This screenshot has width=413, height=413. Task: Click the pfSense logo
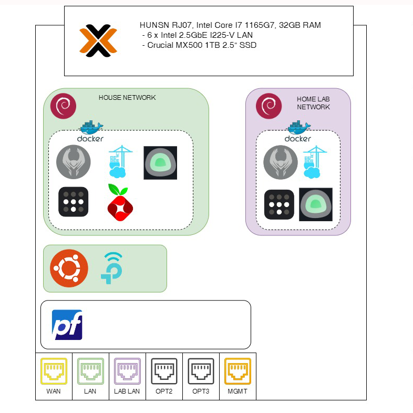tap(67, 325)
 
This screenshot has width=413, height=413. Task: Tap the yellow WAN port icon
tap(54, 371)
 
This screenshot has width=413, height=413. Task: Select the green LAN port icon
tap(90, 371)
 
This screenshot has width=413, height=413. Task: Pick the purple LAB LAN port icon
tap(127, 371)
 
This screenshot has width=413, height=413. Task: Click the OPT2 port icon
tap(164, 371)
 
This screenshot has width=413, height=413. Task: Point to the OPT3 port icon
tap(201, 371)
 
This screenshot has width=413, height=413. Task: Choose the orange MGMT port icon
tap(238, 371)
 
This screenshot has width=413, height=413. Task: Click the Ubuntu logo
tap(69, 269)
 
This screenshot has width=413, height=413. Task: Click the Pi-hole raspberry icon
tap(120, 201)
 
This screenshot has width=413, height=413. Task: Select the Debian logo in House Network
tap(63, 106)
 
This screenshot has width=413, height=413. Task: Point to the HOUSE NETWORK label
tap(127, 98)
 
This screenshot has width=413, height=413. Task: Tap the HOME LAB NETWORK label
tap(313, 102)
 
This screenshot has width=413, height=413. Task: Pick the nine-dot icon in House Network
tap(73, 201)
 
